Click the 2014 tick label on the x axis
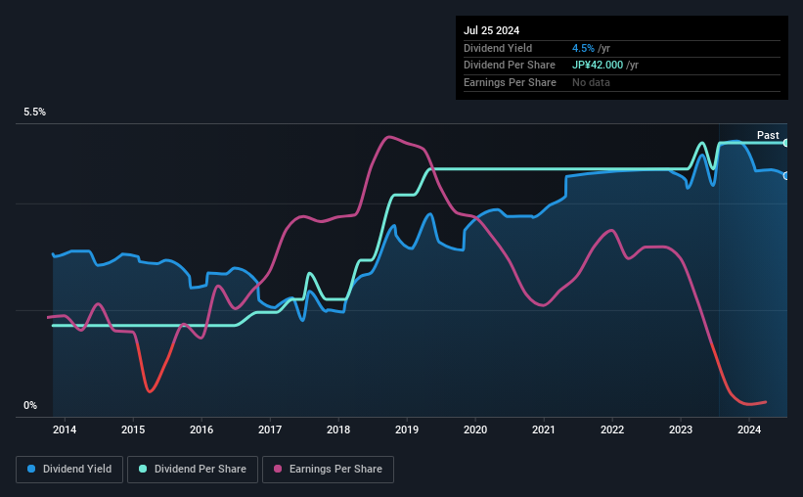pos(65,429)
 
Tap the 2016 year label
pos(201,429)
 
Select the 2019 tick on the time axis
pos(407,429)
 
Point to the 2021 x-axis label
pos(544,429)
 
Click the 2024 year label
pos(749,429)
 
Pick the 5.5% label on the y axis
pos(35,113)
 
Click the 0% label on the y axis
pos(30,405)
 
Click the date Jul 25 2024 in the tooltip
pos(492,30)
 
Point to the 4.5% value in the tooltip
pos(583,48)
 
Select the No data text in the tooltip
pos(591,82)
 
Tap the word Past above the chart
pos(768,135)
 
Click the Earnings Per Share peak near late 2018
pos(389,137)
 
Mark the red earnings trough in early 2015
pos(150,391)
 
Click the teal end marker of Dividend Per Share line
pos(786,143)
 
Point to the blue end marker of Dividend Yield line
pos(786,175)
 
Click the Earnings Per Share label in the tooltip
pos(510,82)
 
